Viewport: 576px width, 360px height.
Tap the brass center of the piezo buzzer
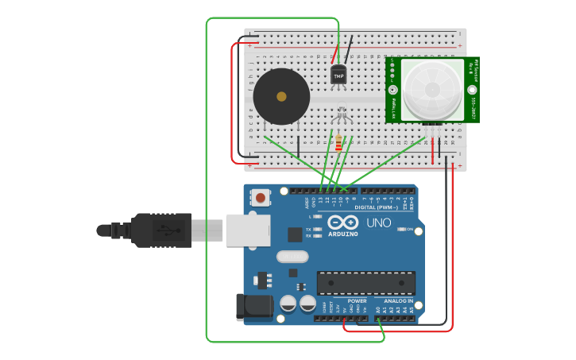281,97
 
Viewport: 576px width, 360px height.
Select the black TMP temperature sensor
338,75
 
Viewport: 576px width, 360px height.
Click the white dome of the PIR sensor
432,89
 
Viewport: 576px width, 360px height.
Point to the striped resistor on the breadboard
339,143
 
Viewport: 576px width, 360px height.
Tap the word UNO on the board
379,223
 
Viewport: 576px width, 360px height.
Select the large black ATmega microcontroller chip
365,282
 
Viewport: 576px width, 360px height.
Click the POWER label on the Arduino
357,301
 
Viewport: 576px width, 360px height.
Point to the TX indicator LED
318,229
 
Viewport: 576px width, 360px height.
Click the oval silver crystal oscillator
292,257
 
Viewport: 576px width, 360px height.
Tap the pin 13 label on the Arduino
321,199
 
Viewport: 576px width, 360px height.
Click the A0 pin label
378,310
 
